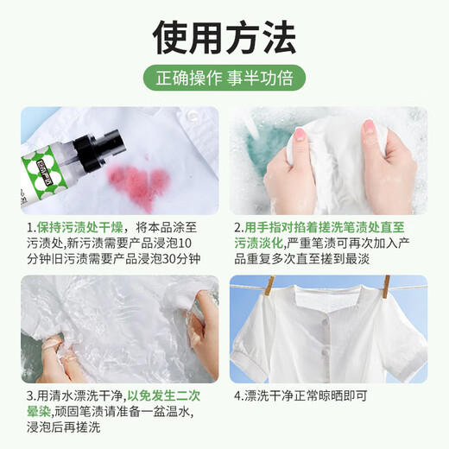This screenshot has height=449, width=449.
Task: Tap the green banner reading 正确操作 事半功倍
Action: [x=224, y=76]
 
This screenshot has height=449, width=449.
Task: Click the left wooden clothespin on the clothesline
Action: [x=271, y=288]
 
